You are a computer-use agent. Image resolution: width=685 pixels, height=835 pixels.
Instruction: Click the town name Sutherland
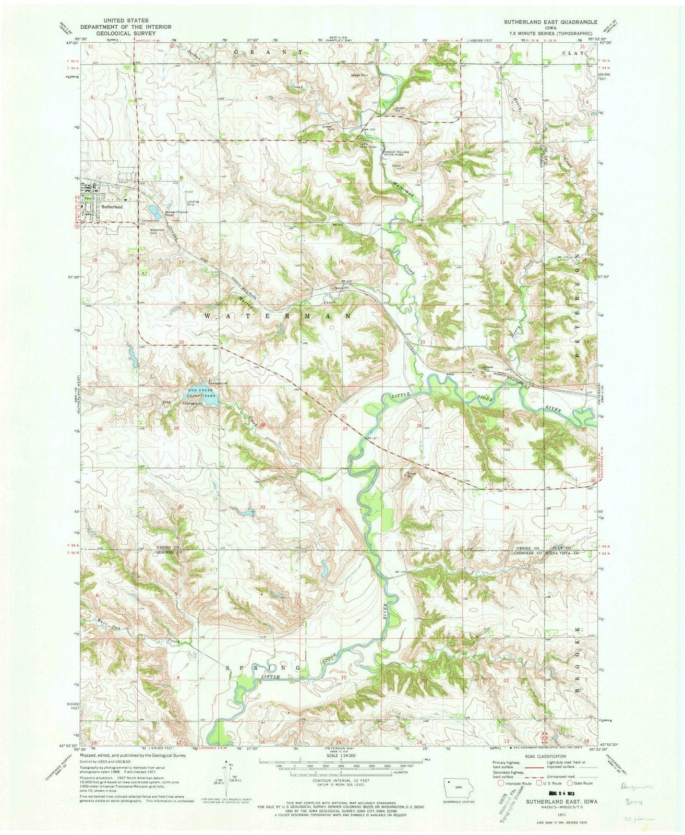coord(112,207)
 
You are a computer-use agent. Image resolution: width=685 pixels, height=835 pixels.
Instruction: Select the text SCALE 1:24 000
coord(342,755)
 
